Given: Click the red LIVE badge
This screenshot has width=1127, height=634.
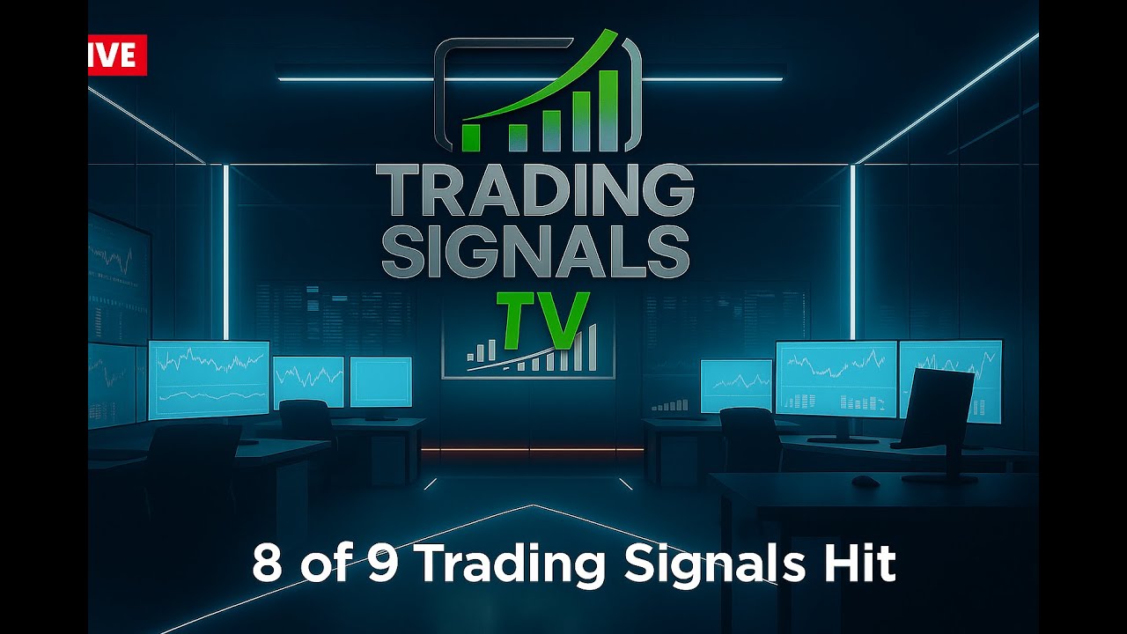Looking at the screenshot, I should (116, 55).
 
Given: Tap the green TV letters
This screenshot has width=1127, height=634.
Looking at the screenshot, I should (541, 317).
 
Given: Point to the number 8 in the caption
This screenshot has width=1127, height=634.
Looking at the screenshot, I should (268, 564).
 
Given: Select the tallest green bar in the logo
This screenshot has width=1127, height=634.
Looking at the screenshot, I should (607, 109).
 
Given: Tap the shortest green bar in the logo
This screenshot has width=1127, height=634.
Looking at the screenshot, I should (471, 137).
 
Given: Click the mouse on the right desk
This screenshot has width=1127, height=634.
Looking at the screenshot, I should (866, 481).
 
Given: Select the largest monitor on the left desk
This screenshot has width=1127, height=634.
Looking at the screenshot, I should (209, 379).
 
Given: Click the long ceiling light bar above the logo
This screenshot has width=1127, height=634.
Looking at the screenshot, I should (530, 79).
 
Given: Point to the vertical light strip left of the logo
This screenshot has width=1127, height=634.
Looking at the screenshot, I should (226, 251).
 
